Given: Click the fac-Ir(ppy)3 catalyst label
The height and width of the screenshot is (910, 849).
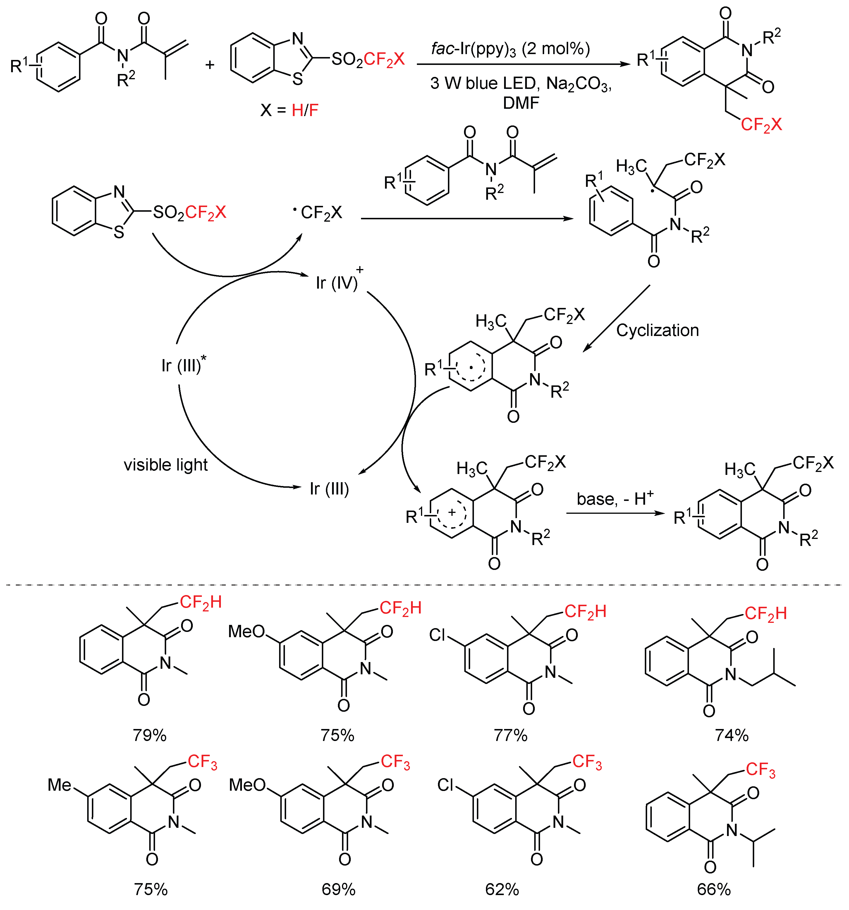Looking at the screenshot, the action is (510, 49).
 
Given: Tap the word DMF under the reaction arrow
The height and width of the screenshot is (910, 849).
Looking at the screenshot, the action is (521, 103).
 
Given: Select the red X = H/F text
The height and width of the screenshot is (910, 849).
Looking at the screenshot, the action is (305, 110).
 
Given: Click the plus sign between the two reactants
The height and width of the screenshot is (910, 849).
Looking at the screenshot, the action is (210, 65).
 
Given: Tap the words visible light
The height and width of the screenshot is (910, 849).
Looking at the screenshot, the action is (166, 465).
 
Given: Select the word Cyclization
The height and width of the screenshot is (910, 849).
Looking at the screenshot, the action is (658, 330).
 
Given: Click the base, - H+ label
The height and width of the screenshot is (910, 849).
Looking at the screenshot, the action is (615, 499).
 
